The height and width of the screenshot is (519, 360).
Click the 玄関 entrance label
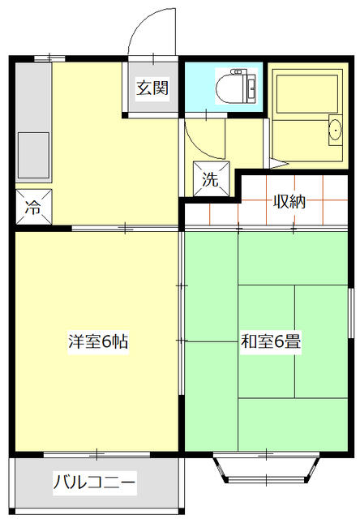[x=152, y=88]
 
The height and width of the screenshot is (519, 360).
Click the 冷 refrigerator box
[x=33, y=206]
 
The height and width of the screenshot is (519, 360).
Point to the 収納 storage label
[x=289, y=201]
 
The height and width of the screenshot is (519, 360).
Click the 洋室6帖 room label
[x=97, y=341]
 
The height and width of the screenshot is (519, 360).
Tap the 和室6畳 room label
[x=270, y=341]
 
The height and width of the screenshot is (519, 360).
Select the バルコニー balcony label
[x=95, y=483]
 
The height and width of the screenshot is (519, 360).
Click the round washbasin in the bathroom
[x=334, y=130]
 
